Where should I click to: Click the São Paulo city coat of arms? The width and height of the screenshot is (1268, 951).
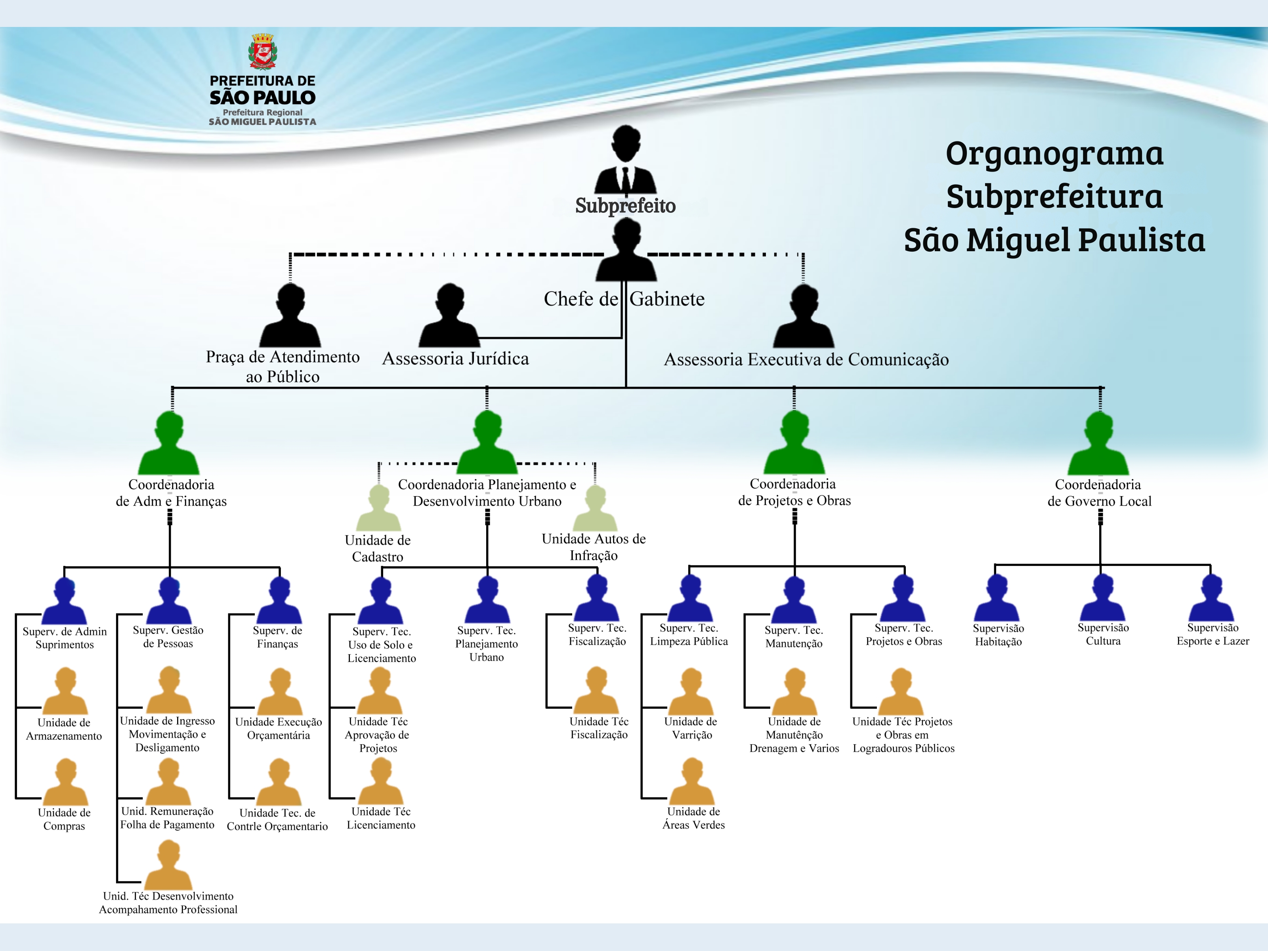(x=263, y=52)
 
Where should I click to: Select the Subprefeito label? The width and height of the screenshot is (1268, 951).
(x=625, y=205)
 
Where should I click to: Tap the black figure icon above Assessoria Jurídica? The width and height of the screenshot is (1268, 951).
(x=449, y=316)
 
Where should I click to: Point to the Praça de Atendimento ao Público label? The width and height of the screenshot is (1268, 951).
(x=283, y=366)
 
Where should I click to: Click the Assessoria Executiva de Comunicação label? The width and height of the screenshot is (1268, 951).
(x=806, y=359)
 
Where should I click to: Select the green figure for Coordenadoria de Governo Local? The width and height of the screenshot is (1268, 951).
(x=1099, y=444)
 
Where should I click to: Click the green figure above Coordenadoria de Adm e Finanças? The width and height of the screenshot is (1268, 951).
(x=169, y=444)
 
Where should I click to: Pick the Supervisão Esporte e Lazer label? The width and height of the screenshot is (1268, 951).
(x=1213, y=634)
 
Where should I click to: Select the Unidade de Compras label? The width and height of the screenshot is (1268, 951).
(x=64, y=819)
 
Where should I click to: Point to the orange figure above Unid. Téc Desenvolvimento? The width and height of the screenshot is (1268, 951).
(x=168, y=865)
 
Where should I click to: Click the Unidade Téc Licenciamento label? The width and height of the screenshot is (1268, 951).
(x=381, y=818)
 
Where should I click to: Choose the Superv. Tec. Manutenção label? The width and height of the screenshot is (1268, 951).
(x=794, y=637)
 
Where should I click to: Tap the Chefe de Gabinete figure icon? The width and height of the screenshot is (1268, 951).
(x=626, y=252)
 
